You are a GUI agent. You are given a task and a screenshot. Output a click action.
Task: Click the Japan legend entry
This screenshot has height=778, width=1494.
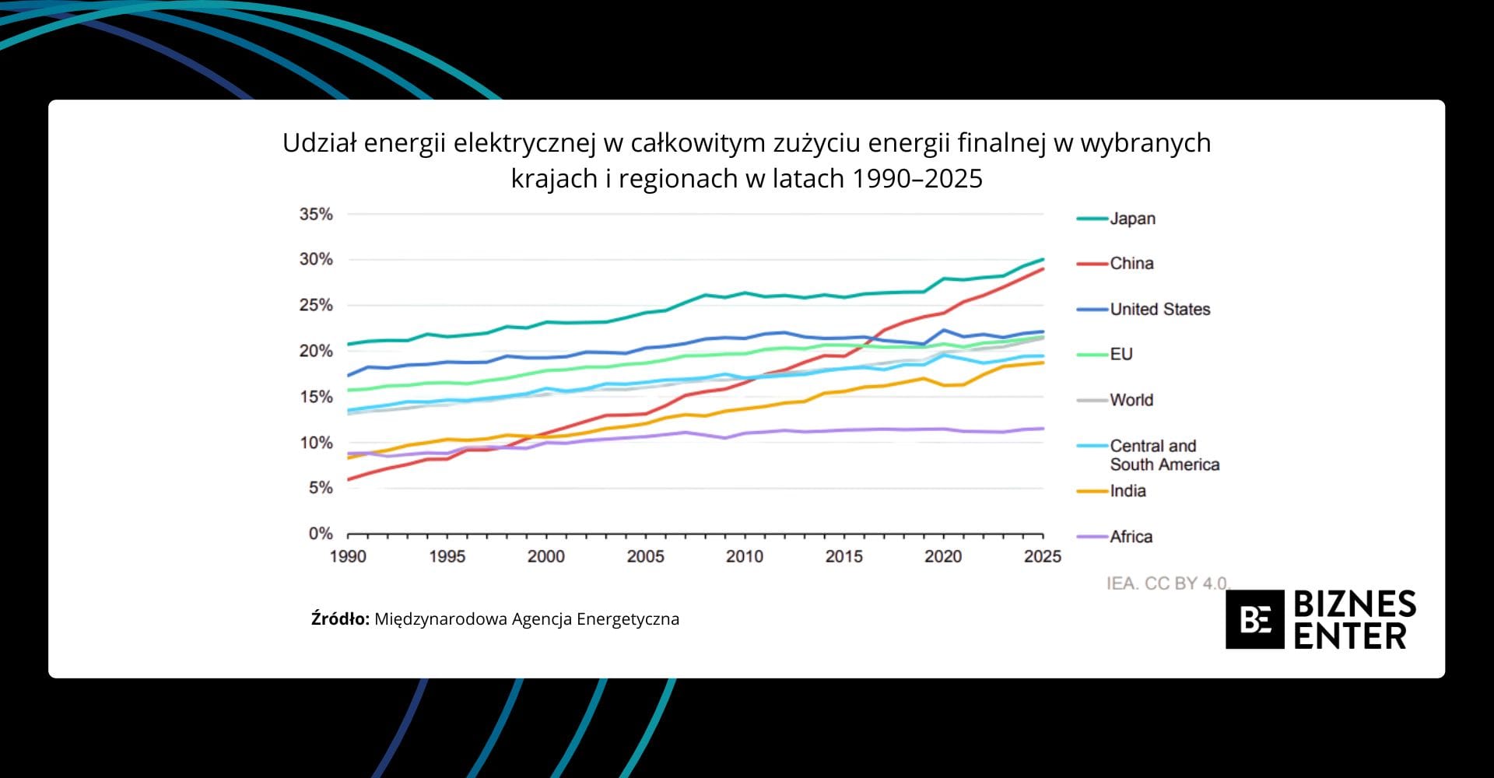pos(1132,219)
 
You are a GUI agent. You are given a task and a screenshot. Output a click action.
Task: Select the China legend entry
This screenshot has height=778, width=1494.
pos(1131,264)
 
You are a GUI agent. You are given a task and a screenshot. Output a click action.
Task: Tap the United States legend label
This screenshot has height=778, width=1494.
pos(1159,310)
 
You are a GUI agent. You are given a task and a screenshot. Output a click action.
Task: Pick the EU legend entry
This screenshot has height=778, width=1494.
pos(1120,355)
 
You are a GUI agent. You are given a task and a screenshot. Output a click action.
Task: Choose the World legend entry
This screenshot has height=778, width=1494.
pos(1131,400)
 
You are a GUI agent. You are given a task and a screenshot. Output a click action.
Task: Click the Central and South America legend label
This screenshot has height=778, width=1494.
pos(1164,455)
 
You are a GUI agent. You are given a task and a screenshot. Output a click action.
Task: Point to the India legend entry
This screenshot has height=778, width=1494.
pos(1128,491)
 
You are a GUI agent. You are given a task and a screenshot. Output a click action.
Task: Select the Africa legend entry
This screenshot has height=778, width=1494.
pos(1131,537)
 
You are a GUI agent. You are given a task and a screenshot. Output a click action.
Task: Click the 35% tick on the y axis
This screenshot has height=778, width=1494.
pos(316,214)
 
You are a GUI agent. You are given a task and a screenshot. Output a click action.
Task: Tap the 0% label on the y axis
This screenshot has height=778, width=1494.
pos(321,534)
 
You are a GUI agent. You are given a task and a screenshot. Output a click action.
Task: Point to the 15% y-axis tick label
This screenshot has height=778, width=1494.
pos(316,397)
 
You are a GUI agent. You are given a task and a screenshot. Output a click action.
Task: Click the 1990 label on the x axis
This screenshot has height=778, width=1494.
pos(348,556)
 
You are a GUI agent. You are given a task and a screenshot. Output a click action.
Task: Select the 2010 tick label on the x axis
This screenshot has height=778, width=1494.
pos(745,556)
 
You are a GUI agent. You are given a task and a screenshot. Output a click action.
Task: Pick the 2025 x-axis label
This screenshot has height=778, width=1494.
pos(1042,556)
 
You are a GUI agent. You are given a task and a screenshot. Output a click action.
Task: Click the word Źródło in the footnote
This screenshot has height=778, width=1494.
pos(340,619)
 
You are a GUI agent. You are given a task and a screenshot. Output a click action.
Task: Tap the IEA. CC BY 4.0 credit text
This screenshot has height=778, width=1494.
pos(1166,583)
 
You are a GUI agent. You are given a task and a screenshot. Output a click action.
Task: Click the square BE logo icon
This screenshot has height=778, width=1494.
pos(1254,619)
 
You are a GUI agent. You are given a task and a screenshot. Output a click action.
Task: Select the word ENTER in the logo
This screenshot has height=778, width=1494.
pos(1350,636)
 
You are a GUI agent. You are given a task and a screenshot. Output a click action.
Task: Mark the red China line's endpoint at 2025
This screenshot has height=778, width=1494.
pos(1043,269)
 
